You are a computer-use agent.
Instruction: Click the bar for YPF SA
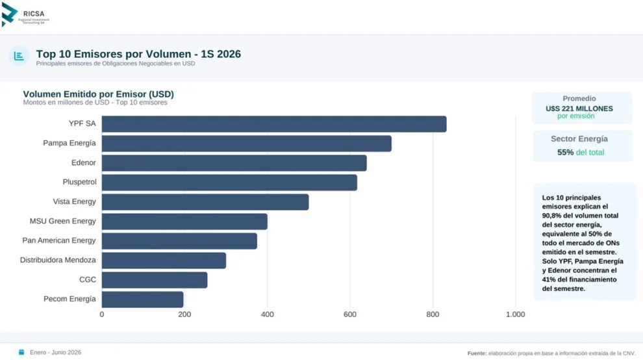point(274,124)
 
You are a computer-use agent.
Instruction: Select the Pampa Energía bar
point(246,144)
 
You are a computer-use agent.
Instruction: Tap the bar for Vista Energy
point(205,202)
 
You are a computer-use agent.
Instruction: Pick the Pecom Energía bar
point(142,300)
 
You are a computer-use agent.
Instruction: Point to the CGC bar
point(155,280)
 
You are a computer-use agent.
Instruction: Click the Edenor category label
point(84,162)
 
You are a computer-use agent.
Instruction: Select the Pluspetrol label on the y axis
point(79,182)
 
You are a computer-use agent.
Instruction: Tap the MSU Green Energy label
point(63,221)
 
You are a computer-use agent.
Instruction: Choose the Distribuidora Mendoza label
point(58,260)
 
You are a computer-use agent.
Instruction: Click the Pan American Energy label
point(59,240)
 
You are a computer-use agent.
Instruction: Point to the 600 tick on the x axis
point(350,315)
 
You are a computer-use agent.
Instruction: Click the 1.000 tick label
point(515,315)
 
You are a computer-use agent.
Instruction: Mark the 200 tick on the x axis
point(184,315)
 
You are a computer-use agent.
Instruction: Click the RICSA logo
point(25,15)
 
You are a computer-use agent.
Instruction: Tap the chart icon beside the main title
point(19,56)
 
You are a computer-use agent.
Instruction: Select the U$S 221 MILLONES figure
point(579,109)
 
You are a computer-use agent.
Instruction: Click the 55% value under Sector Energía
point(565,152)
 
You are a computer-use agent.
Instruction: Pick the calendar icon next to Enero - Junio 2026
point(21,352)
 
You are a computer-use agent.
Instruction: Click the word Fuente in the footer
point(477,353)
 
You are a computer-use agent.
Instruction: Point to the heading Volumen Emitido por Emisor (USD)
point(99,94)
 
